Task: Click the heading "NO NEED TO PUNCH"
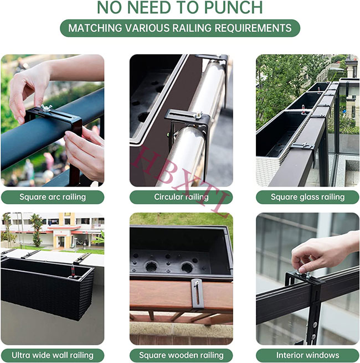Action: pos(180,8)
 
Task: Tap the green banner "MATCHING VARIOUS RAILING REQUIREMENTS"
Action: pos(180,28)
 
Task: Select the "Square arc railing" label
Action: pos(53,197)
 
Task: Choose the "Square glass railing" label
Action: pos(307,197)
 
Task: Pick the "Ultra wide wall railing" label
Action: pos(53,355)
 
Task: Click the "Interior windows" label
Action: pos(307,355)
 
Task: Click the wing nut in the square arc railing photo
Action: pos(45,107)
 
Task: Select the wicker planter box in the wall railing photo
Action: pos(47,288)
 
